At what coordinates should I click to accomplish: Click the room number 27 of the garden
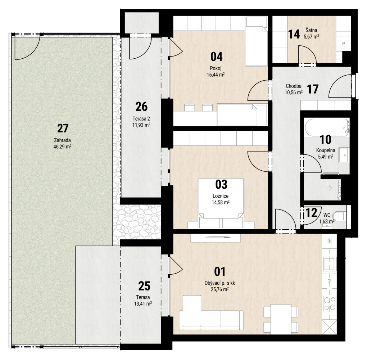[63, 129]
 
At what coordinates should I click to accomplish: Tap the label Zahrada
[62, 140]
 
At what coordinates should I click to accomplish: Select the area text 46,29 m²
[62, 147]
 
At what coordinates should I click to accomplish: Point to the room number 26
[142, 107]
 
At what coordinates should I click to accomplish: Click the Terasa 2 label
[141, 119]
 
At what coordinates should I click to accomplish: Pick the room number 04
[217, 57]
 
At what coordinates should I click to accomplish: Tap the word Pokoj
[216, 69]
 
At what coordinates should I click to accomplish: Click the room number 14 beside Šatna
[294, 34]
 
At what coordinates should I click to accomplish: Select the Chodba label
[294, 86]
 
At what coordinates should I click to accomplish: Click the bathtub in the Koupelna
[327, 128]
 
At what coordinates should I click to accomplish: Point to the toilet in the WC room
[340, 216]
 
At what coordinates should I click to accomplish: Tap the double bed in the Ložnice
[221, 203]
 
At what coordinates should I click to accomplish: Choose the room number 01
[220, 272]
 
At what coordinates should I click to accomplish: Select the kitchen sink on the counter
[330, 264]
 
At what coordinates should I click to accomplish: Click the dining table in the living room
[281, 319]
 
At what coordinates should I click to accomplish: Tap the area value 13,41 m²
[143, 304]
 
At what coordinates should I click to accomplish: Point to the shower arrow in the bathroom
[329, 188]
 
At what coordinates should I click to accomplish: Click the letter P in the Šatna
[344, 44]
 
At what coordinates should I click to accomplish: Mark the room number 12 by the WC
[312, 213]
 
